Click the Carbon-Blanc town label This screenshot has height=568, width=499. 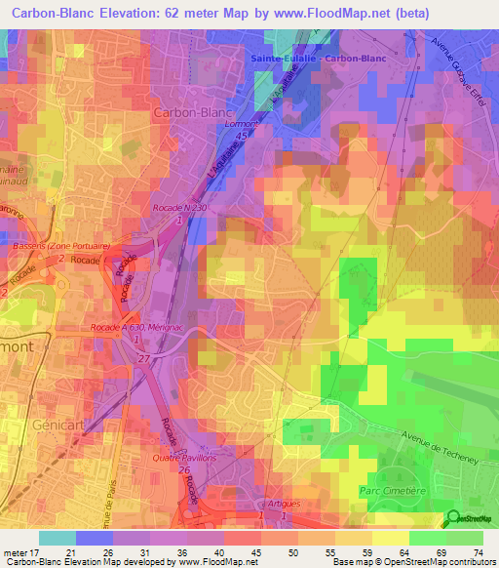[192, 112]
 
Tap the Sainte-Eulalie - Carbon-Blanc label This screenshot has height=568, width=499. [318, 59]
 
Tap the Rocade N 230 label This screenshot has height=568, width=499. [180, 207]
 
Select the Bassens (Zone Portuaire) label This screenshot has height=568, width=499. [59, 246]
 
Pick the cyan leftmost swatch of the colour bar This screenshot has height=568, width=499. [58, 538]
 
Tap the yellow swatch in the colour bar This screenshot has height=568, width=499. [390, 538]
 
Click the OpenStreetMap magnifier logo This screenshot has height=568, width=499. [453, 517]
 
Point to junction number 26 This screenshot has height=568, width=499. [184, 471]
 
